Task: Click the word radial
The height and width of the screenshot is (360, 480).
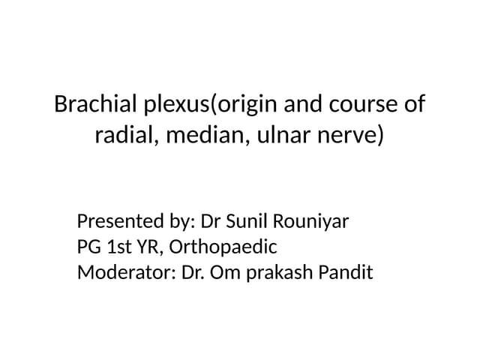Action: (x=122, y=136)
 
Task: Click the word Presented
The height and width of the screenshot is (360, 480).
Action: (x=117, y=222)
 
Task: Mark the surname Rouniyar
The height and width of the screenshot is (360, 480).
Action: (x=316, y=222)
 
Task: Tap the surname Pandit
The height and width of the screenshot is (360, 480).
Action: (x=344, y=271)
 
